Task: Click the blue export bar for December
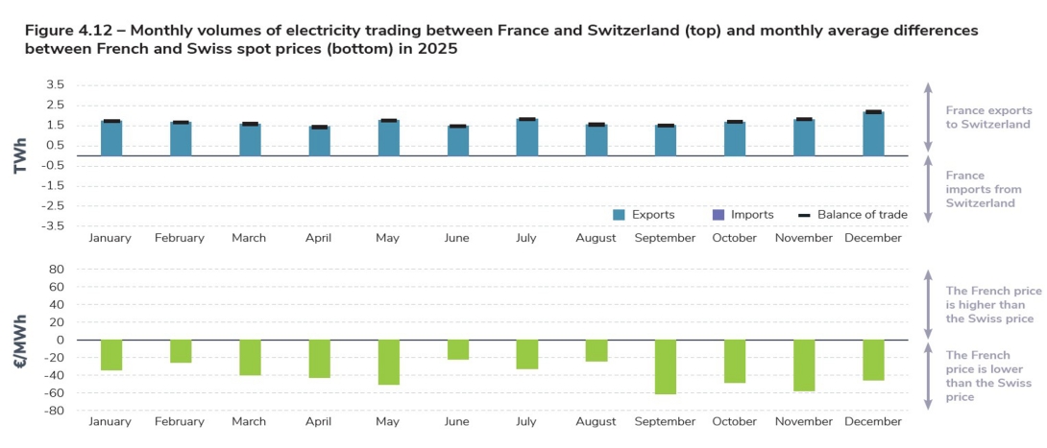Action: coord(873,134)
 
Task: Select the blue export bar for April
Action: coord(319,141)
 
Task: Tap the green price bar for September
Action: coord(666,366)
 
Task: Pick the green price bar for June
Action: coord(458,349)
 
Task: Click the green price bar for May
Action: coord(389,362)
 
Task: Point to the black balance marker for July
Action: coord(527,119)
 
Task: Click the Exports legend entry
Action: coord(645,215)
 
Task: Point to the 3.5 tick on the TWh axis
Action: coord(53,84)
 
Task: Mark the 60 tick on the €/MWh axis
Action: coord(56,287)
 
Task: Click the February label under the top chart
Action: coord(180,238)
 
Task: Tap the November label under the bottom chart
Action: coord(803,421)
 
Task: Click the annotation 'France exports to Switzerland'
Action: coord(988,117)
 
